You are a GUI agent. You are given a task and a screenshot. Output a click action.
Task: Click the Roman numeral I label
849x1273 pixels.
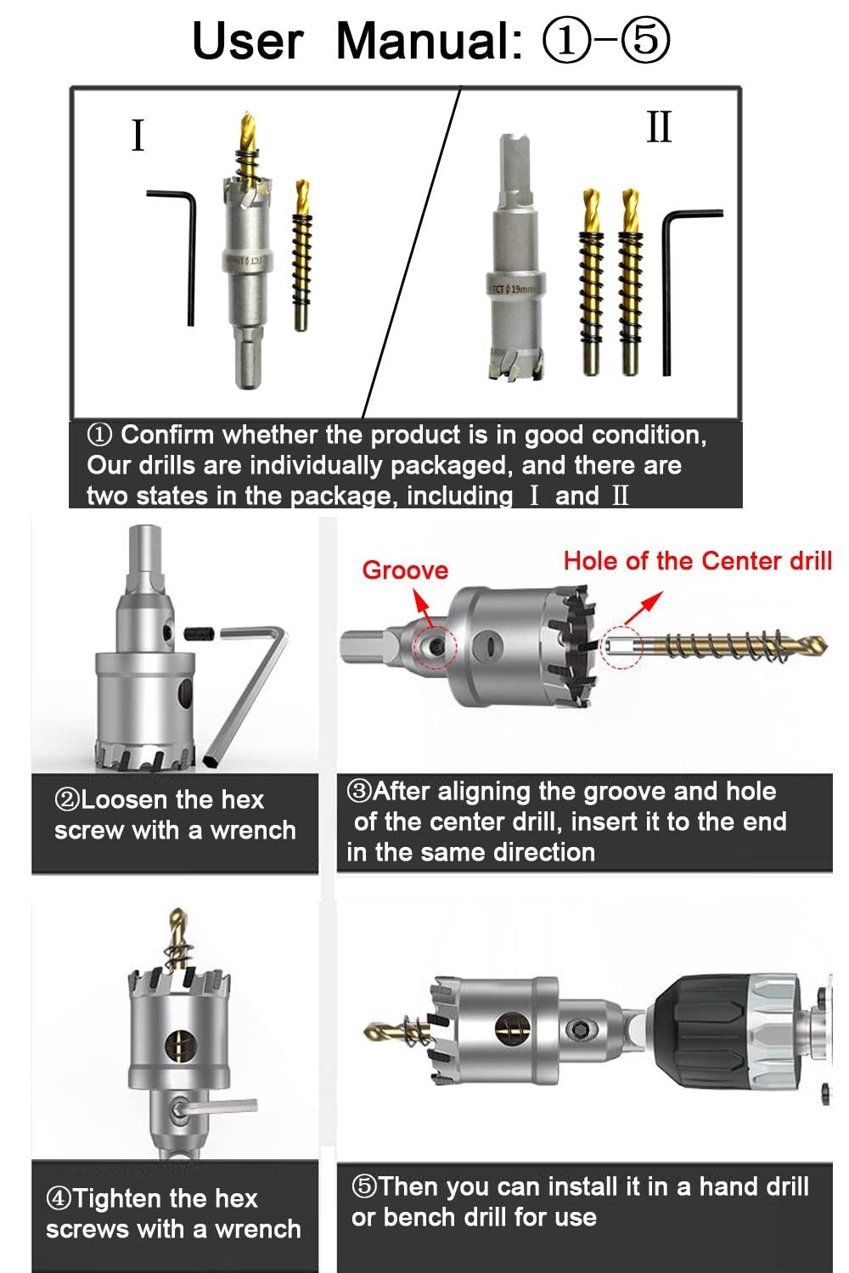(x=138, y=136)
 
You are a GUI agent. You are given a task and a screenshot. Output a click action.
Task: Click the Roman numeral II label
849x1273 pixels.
(x=659, y=127)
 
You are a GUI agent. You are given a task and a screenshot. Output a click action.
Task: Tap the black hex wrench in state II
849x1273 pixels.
(x=667, y=289)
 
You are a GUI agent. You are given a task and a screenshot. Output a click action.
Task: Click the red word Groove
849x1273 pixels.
(x=405, y=570)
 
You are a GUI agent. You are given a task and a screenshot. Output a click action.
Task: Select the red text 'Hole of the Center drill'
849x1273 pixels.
(x=697, y=561)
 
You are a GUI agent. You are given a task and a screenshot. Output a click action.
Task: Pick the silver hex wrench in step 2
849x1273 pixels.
(x=252, y=687)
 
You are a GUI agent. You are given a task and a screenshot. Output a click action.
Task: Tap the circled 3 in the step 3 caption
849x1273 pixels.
(x=360, y=791)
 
